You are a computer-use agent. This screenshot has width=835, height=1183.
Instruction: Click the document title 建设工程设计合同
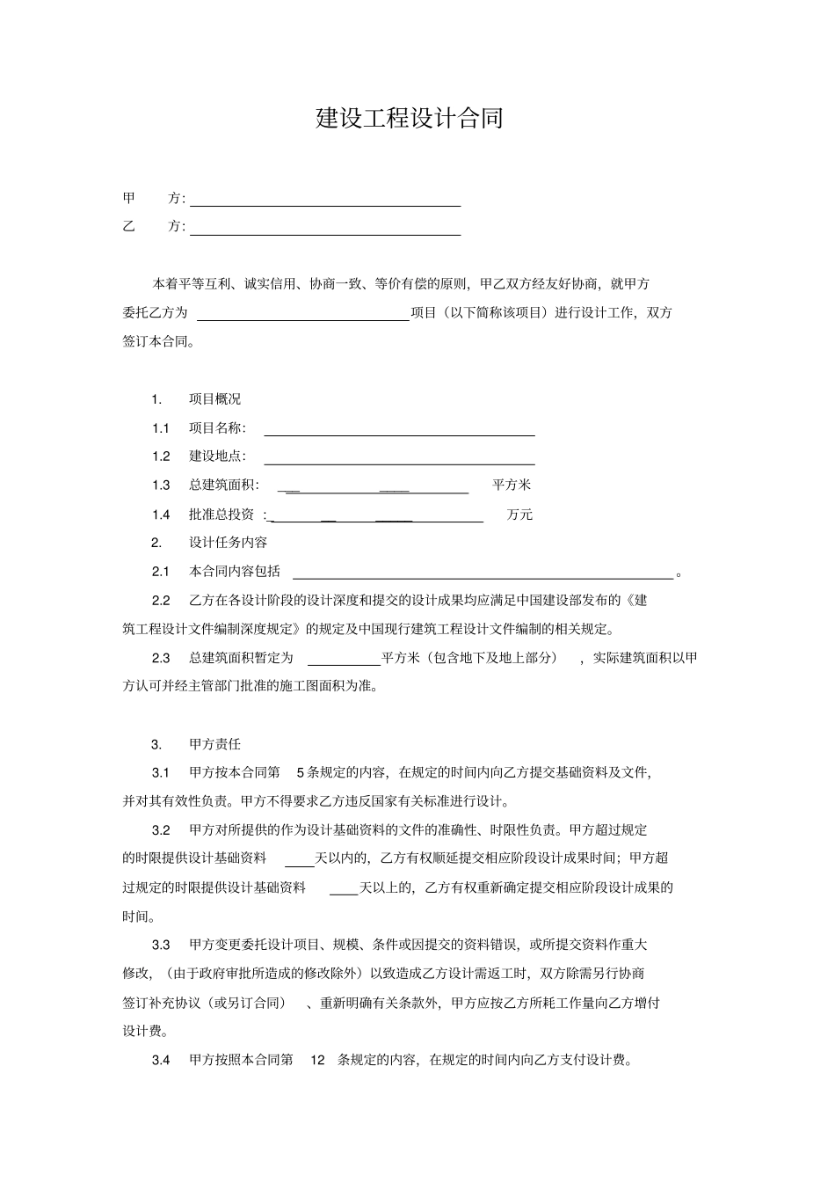tap(409, 119)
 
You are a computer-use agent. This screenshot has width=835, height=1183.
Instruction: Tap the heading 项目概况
tap(214, 399)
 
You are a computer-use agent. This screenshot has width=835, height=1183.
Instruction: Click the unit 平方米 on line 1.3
tap(512, 485)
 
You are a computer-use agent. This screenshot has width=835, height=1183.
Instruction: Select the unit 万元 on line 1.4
tap(519, 515)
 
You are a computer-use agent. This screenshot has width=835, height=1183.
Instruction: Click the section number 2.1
tap(160, 572)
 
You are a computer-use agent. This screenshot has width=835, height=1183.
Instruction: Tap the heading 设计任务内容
tap(228, 543)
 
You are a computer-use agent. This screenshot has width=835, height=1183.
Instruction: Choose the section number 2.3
tap(161, 658)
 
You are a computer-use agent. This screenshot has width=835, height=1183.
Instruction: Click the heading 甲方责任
tap(214, 744)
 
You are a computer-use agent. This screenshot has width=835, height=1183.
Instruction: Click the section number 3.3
tap(161, 946)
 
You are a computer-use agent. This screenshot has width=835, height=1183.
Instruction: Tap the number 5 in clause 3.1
tap(300, 773)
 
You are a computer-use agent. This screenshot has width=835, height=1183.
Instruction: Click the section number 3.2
tap(161, 830)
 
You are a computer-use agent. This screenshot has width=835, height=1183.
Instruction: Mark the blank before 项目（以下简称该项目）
tap(304, 317)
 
